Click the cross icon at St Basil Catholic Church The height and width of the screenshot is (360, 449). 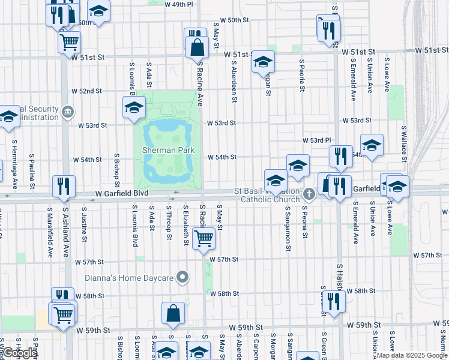(x=309, y=193)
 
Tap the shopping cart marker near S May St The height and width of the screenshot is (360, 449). (x=204, y=238)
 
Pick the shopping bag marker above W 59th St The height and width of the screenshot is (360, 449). (x=173, y=313)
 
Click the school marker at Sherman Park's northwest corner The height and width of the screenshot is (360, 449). (x=134, y=107)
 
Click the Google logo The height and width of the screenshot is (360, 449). (x=20, y=353)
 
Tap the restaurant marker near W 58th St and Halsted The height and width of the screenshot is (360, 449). (x=333, y=301)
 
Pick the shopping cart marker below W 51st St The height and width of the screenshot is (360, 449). (x=70, y=41)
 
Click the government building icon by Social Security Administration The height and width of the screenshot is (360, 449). (x=68, y=111)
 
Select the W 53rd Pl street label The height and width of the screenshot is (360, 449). (x=321, y=140)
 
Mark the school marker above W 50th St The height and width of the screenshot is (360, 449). (x=98, y=11)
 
